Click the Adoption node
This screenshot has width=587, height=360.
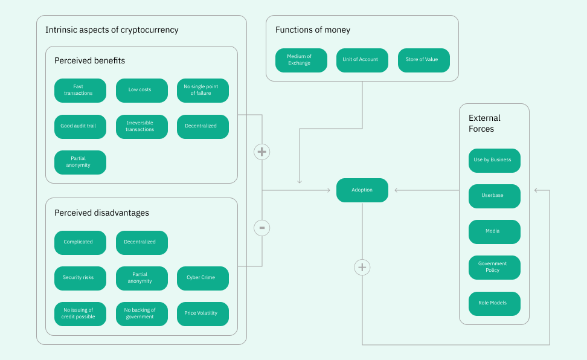pyautogui.click(x=362, y=190)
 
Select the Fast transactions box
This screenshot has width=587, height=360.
pyautogui.click(x=80, y=90)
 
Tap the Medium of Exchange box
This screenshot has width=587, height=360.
pyautogui.click(x=301, y=60)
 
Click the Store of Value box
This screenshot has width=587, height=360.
pyautogui.click(x=423, y=60)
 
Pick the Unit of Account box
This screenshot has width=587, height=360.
pyautogui.click(x=362, y=60)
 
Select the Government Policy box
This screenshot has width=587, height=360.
pyautogui.click(x=494, y=267)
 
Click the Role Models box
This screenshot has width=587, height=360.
pyautogui.click(x=494, y=303)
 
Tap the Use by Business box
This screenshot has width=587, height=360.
pyautogui.click(x=494, y=160)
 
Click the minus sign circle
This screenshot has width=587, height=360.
pyautogui.click(x=261, y=228)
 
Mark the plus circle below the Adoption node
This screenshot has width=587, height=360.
pyautogui.click(x=362, y=267)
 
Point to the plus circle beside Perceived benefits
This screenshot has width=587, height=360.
pyautogui.click(x=261, y=152)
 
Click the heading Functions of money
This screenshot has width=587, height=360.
pyautogui.click(x=312, y=30)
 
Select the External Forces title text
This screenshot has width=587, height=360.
pyautogui.click(x=484, y=123)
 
